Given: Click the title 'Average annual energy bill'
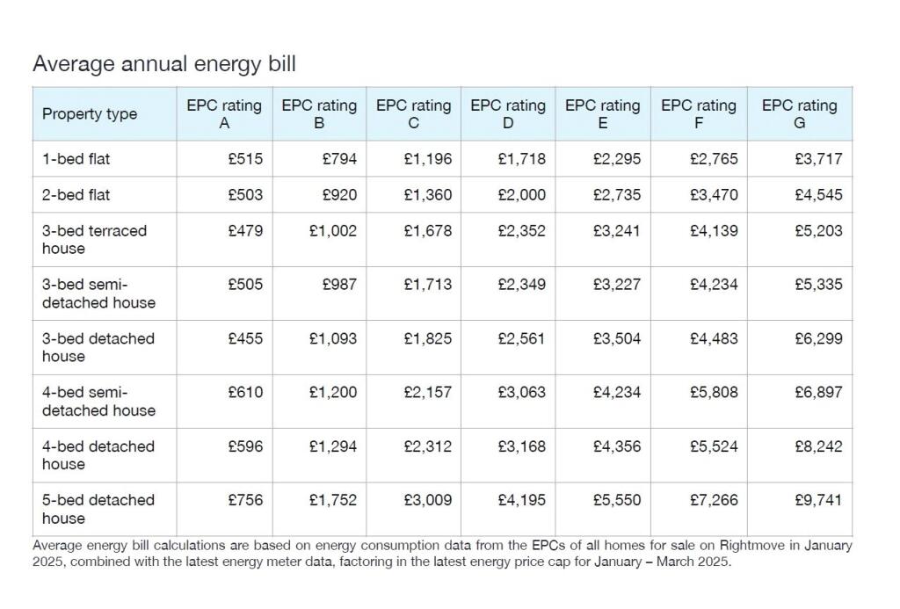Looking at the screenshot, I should tap(164, 64).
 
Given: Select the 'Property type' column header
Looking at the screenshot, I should tap(90, 114).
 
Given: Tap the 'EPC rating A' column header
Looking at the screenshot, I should tap(224, 114).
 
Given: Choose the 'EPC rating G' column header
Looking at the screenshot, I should tap(799, 114).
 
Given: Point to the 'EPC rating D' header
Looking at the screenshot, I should tap(508, 114).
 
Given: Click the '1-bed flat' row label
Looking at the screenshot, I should tap(76, 159).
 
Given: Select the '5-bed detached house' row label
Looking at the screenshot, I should tap(98, 509).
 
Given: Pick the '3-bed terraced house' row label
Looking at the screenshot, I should tap(94, 239).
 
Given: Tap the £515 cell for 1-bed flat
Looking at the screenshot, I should tap(245, 159).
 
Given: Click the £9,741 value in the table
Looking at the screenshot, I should tap(818, 500).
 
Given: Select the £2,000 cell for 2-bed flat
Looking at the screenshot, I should tap(522, 194).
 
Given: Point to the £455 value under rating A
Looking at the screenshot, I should tap(245, 338).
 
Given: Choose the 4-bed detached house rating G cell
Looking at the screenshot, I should tap(818, 446).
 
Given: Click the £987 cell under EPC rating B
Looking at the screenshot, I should tap(340, 285).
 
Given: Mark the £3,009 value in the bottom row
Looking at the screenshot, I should tap(428, 500).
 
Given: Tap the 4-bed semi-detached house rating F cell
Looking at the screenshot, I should tap(714, 392).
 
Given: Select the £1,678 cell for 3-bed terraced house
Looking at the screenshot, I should tap(428, 231).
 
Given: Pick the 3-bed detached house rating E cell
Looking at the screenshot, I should tap(617, 338).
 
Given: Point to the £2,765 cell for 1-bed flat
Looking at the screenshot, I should tap(714, 159).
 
